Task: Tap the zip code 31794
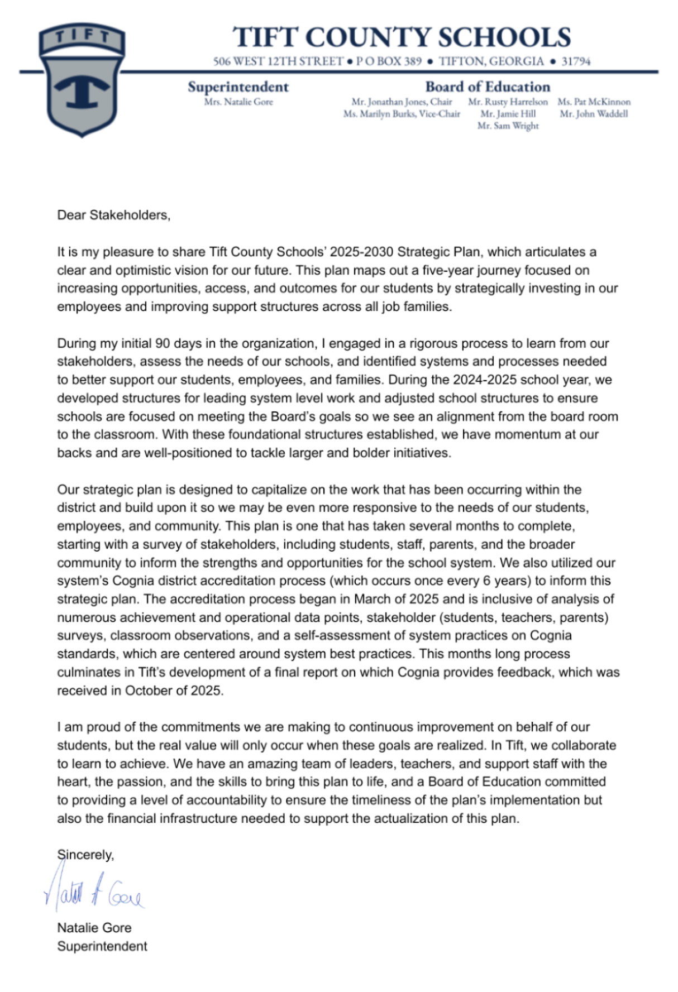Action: pos(575,61)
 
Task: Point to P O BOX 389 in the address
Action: pos(389,61)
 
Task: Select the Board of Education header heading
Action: pos(488,87)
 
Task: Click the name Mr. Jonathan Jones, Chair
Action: pos(402,102)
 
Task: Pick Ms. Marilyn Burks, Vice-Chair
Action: pos(402,114)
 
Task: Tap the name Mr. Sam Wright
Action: pos(508,126)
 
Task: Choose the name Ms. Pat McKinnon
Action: pos(594,102)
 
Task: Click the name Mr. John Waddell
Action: pos(594,114)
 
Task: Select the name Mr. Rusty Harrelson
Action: pos(508,102)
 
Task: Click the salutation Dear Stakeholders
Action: pos(113,215)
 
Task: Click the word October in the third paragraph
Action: pos(147,691)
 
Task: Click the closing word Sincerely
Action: pos(85,855)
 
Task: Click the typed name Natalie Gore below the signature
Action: pos(94,928)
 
